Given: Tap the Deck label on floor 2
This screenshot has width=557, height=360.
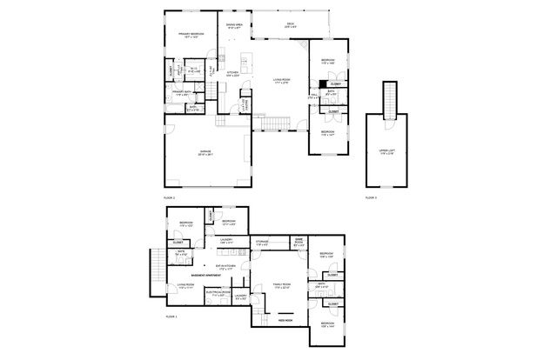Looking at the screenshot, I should point(289,26).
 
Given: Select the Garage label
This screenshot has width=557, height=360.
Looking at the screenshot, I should point(205,153).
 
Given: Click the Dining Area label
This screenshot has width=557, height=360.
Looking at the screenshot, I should point(234,26).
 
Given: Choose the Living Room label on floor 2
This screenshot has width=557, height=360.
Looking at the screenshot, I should point(281,82).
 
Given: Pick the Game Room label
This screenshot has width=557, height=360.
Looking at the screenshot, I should point(299,243).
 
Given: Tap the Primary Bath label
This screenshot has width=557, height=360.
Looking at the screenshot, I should point(181,90).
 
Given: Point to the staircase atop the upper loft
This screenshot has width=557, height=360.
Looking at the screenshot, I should point(386,92).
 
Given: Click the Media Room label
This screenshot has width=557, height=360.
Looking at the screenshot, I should point(285,320).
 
